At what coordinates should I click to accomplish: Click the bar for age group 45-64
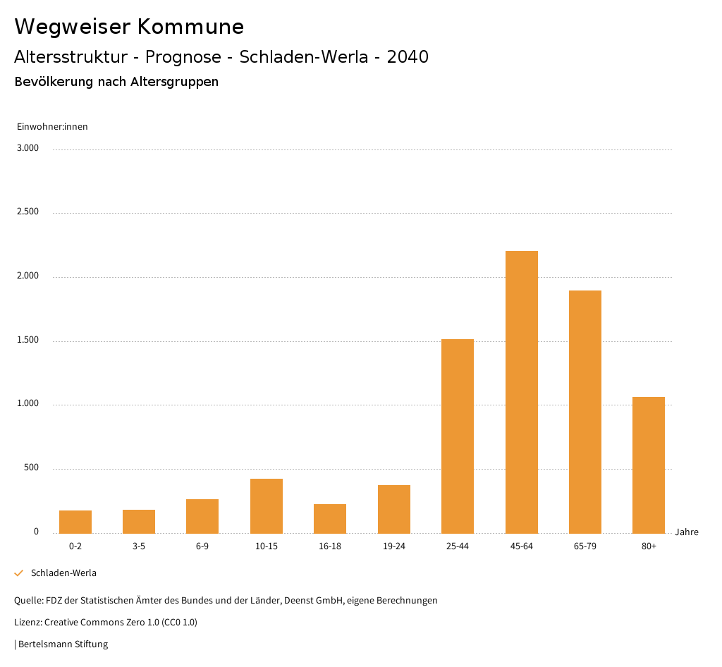pyautogui.click(x=521, y=392)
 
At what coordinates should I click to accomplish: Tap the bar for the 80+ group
pyautogui.click(x=648, y=465)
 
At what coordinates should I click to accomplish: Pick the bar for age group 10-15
pyautogui.click(x=267, y=506)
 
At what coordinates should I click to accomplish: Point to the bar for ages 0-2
pyautogui.click(x=75, y=522)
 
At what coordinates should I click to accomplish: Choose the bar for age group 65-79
pyautogui.click(x=585, y=412)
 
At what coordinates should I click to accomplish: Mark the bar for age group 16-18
pyautogui.click(x=330, y=518)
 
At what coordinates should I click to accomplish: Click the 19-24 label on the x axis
pyautogui.click(x=393, y=546)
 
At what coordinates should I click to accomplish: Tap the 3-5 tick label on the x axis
pyautogui.click(x=139, y=546)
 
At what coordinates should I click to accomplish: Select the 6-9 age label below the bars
pyautogui.click(x=202, y=546)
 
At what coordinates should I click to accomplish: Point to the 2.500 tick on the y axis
pyautogui.click(x=27, y=212)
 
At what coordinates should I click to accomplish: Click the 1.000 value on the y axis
pyautogui.click(x=27, y=404)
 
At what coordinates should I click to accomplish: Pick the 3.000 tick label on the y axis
pyautogui.click(x=27, y=148)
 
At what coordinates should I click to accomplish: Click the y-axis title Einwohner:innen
pyautogui.click(x=52, y=127)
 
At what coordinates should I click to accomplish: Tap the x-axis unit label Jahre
pyautogui.click(x=686, y=532)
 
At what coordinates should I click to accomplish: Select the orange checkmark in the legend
pyautogui.click(x=19, y=573)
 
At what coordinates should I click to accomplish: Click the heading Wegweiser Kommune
pyautogui.click(x=129, y=27)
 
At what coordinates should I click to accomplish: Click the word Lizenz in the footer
pyautogui.click(x=27, y=622)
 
